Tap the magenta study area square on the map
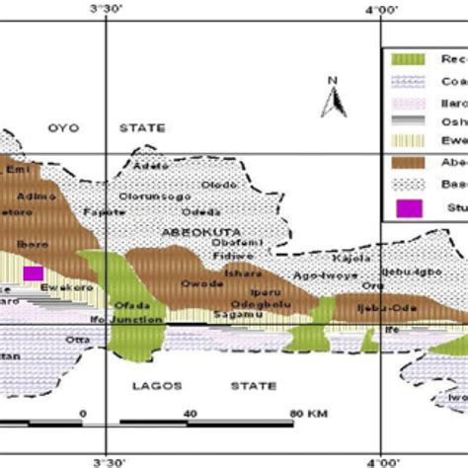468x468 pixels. (x=34, y=273)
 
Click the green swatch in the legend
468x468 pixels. (x=404, y=59)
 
